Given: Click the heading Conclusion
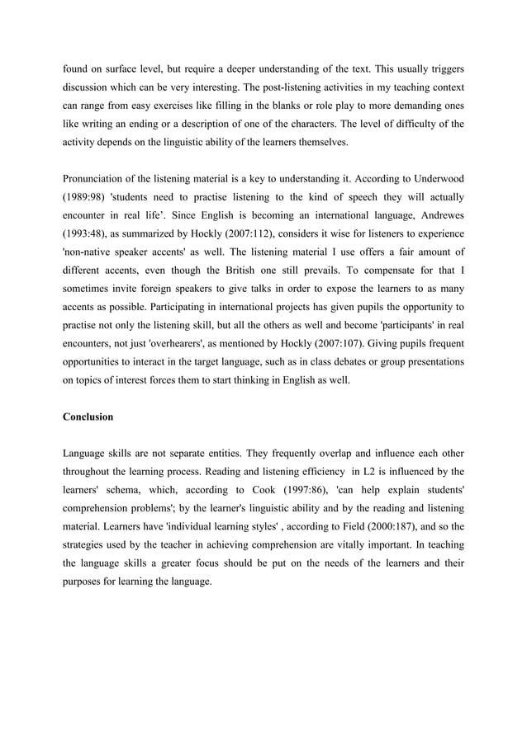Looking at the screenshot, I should click(88, 417).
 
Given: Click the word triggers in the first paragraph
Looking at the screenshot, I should click(446, 64).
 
